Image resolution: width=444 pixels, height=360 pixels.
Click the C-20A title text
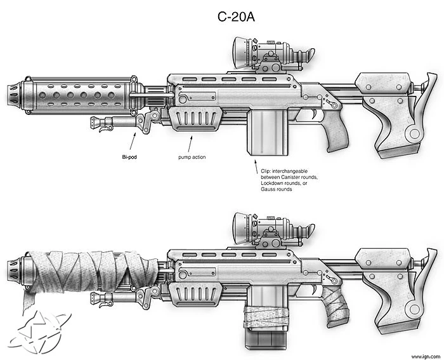236,17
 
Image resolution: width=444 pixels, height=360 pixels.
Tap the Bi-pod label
129,157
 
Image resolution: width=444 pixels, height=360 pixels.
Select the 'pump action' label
192,157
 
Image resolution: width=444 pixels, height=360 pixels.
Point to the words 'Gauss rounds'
277,189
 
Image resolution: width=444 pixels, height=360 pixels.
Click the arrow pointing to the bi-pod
133,141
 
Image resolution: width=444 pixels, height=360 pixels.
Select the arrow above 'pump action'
190,144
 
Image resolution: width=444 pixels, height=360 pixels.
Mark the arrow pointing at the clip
256,167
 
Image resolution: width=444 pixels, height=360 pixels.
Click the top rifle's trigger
315,114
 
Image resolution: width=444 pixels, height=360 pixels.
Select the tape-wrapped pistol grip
336,307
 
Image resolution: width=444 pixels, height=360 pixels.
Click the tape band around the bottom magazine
267,316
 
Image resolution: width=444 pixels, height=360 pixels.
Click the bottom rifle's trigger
315,290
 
